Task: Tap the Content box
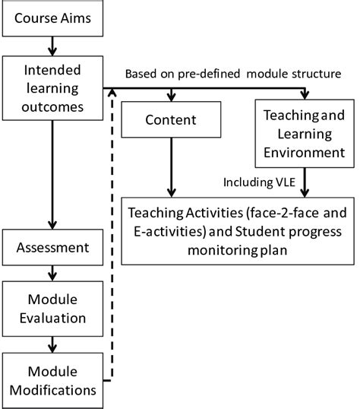(x=169, y=120)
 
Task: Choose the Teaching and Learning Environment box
(x=305, y=135)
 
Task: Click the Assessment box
(x=52, y=247)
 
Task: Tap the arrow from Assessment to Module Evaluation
(x=52, y=271)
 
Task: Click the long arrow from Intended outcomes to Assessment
(x=52, y=175)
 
